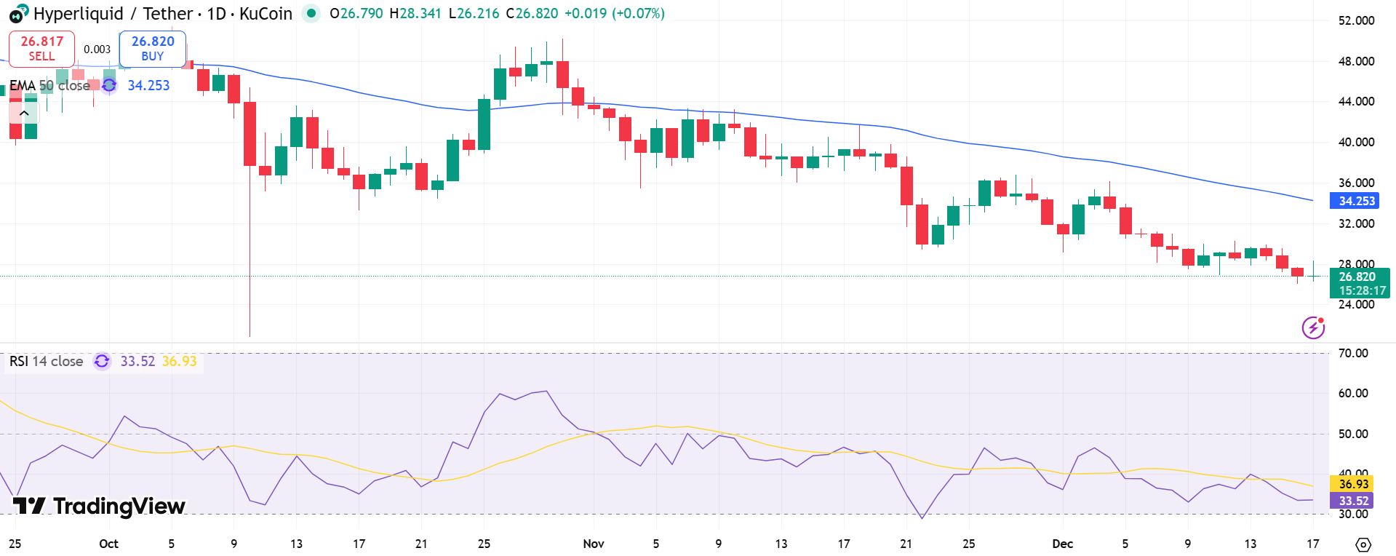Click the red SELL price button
coord(41,48)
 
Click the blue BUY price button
coord(153,48)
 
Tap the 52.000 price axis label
coord(1356,20)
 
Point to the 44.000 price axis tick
coord(1356,101)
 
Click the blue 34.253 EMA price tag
coord(1357,201)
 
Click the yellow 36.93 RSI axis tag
coord(1353,484)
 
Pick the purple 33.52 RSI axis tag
coord(1353,501)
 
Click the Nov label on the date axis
coord(594,544)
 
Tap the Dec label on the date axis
coord(1062,544)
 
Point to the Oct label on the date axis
coord(108,544)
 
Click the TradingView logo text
coord(100,506)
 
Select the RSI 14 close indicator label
coord(46,361)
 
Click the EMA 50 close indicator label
coord(49,85)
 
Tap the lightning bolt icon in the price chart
coord(1312,327)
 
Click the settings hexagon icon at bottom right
coord(1363,544)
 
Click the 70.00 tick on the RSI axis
coord(1353,353)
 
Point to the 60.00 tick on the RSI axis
coord(1353,393)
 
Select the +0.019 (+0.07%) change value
coord(614,13)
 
